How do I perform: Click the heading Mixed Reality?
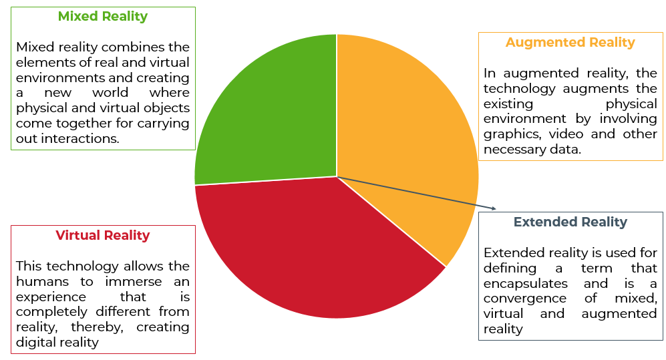102,16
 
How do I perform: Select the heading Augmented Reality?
570,42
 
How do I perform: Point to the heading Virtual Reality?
102,235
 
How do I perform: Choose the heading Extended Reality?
570,222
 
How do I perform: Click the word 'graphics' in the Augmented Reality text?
510,134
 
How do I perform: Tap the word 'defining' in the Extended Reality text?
510,268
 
